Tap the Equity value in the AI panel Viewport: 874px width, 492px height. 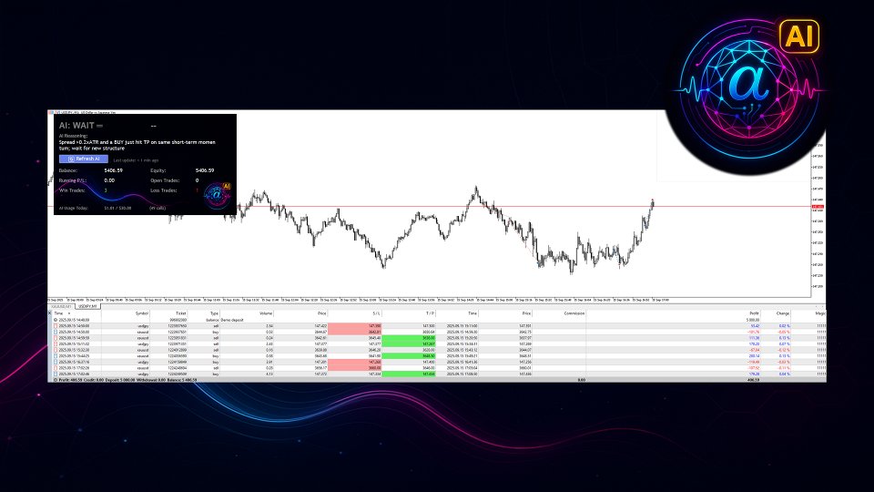click(x=205, y=170)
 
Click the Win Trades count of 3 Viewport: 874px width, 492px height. click(x=106, y=190)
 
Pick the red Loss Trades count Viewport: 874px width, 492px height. click(x=222, y=190)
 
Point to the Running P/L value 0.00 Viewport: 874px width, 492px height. click(x=109, y=180)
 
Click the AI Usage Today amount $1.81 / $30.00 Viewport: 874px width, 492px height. click(x=119, y=208)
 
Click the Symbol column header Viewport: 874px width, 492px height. click(x=141, y=313)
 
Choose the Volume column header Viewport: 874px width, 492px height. click(x=266, y=313)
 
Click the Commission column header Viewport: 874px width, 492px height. click(x=574, y=313)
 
